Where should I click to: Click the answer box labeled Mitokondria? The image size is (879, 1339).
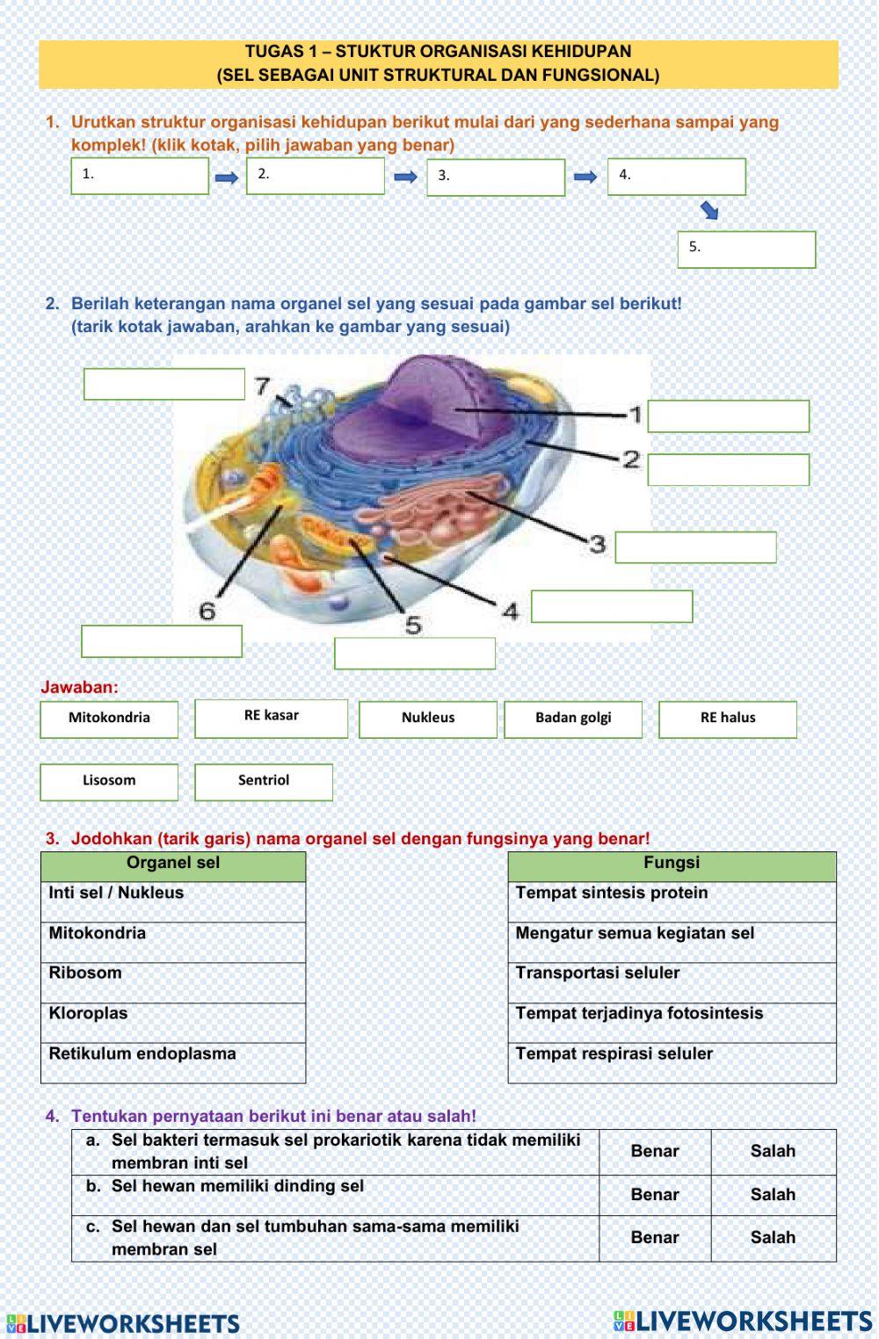pyautogui.click(x=109, y=719)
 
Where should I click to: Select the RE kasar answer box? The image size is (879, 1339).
pyautogui.click(x=271, y=718)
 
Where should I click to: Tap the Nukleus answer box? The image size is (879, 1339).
pyautogui.click(x=428, y=719)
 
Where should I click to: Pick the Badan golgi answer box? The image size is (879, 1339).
pyautogui.click(x=573, y=719)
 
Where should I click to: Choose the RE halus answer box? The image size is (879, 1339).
pyautogui.click(x=728, y=719)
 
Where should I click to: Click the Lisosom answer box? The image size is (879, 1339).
pyautogui.click(x=109, y=781)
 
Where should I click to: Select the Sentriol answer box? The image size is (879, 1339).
pyautogui.click(x=264, y=781)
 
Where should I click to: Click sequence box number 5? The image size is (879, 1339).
pyautogui.click(x=746, y=250)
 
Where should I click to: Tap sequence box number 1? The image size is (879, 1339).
pyautogui.click(x=140, y=176)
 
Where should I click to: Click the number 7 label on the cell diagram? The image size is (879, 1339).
pyautogui.click(x=263, y=386)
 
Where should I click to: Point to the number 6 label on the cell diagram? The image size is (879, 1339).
pyautogui.click(x=207, y=610)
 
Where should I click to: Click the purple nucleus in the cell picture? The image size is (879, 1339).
pyautogui.click(x=439, y=395)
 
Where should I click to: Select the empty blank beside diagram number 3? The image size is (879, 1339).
pyautogui.click(x=695, y=547)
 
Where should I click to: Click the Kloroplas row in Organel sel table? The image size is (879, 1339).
pyautogui.click(x=173, y=1023)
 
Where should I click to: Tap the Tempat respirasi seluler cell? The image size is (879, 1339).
pyautogui.click(x=672, y=1062)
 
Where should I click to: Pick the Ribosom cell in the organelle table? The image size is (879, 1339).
pyautogui.click(x=173, y=982)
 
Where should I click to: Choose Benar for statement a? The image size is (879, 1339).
pyautogui.click(x=655, y=1151)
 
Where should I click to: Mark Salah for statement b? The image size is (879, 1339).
pyautogui.click(x=773, y=1195)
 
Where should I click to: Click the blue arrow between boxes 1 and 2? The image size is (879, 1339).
pyautogui.click(x=227, y=178)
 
